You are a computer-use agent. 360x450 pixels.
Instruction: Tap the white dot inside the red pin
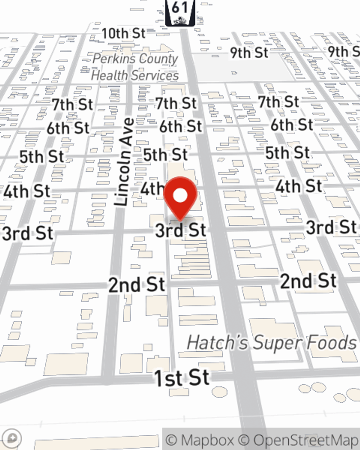point(180,196)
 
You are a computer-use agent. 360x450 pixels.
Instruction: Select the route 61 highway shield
point(180,13)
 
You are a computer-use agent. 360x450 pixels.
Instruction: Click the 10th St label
point(123,33)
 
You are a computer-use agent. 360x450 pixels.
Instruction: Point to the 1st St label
point(181,378)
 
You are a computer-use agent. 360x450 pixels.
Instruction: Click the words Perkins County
point(135,59)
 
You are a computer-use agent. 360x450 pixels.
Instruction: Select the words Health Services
point(135,75)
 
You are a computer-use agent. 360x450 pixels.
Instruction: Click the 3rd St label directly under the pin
point(181,230)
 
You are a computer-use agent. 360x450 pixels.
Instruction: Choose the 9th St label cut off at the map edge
point(344,51)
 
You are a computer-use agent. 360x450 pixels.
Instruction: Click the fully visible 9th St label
point(249,53)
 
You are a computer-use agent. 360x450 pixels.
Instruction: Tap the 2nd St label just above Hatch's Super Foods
point(309,281)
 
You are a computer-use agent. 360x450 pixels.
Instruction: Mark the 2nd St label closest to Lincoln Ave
point(136,285)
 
